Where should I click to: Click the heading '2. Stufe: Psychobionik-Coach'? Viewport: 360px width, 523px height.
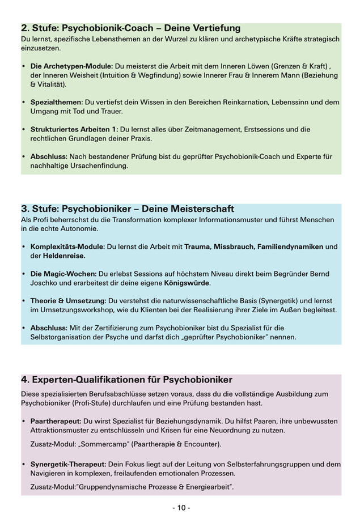(x=130, y=28)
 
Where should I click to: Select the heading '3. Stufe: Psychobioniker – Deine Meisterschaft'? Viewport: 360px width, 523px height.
(x=127, y=209)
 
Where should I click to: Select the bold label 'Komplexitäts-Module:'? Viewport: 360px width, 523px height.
(x=67, y=246)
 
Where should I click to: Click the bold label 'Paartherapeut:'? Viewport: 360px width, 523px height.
(x=56, y=421)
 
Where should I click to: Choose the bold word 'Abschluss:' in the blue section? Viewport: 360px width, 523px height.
(x=49, y=328)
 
